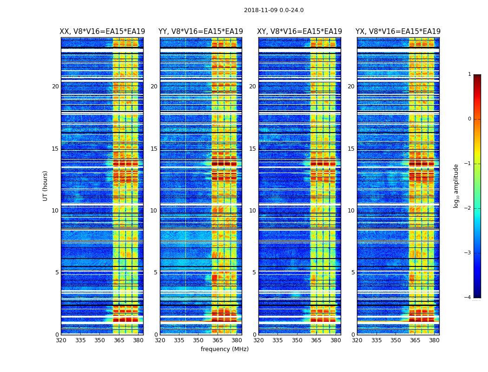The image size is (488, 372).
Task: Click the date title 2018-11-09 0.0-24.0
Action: tap(274, 10)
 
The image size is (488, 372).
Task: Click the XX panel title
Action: tap(102, 32)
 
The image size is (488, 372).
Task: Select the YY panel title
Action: tap(201, 32)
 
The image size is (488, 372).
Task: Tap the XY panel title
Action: tap(299, 32)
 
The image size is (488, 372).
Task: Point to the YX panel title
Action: tap(398, 32)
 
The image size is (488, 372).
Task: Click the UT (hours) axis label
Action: tap(45, 186)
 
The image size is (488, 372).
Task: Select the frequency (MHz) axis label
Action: tap(224, 349)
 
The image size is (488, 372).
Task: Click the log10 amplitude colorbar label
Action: tap(456, 186)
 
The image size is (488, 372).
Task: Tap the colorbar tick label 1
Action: tap(469, 74)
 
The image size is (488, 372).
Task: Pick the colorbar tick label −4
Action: tap(468, 298)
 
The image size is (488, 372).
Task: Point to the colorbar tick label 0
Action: tap(469, 119)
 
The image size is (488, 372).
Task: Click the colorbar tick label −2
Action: tap(468, 208)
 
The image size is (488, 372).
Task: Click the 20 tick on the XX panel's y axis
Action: tap(55, 86)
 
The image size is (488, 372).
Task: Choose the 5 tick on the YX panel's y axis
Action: tap(353, 272)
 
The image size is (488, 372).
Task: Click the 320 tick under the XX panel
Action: tap(61, 340)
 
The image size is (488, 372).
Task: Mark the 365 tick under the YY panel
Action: tap(218, 340)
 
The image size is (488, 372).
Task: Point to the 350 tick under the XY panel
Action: tap(297, 340)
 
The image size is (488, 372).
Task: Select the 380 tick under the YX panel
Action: tap(434, 340)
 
